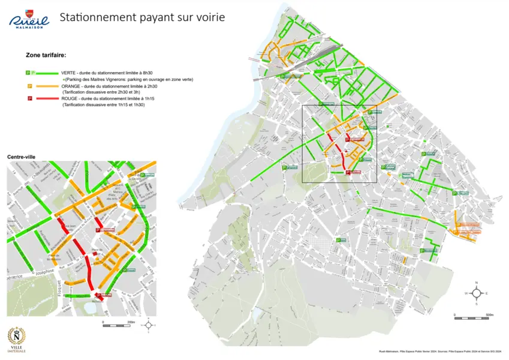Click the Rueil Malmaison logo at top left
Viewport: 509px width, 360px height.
[28, 19]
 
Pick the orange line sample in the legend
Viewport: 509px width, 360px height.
[47, 86]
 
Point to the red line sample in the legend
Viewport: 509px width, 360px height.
[47, 98]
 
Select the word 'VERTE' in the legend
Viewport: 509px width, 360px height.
[70, 73]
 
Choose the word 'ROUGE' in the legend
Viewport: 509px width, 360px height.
[71, 98]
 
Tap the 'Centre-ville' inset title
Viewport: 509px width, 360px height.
[21, 157]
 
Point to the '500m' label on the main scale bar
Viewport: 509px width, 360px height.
[489, 314]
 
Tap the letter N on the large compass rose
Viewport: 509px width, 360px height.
[476, 282]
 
